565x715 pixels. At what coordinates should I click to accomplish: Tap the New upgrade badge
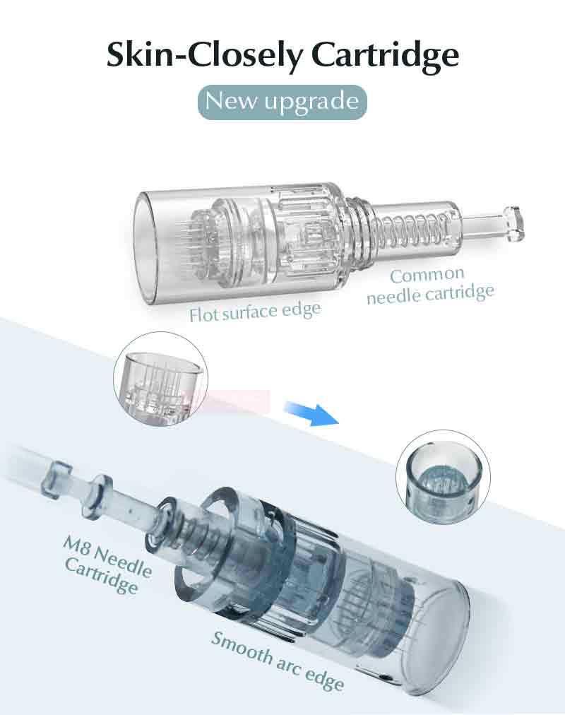(x=282, y=102)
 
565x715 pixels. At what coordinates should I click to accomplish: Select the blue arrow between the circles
(x=311, y=413)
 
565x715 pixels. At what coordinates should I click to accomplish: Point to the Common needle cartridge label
(x=429, y=285)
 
